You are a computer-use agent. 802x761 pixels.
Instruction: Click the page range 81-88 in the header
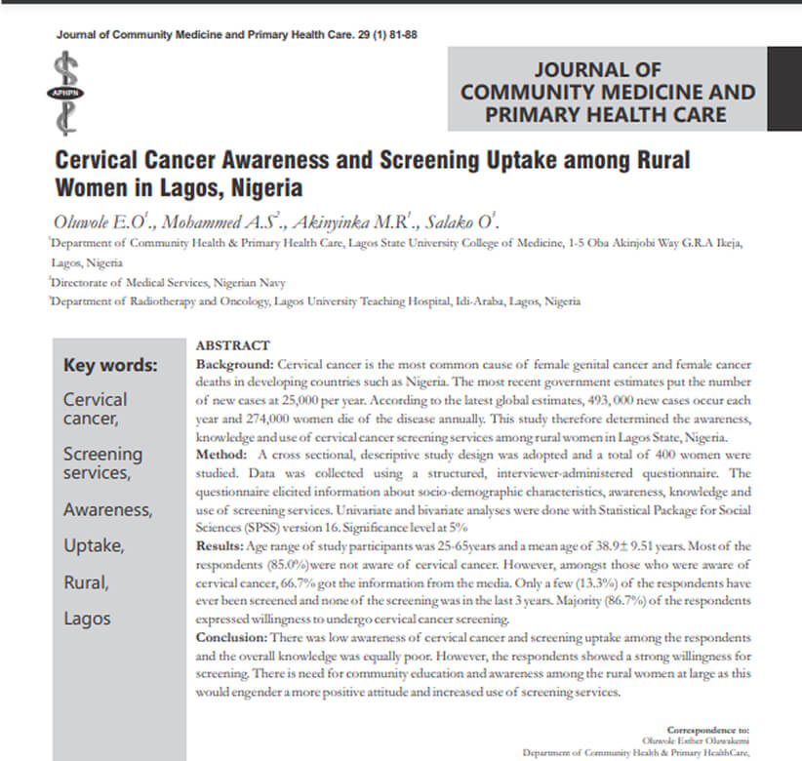(x=402, y=34)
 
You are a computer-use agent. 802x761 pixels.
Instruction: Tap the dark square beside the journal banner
(x=783, y=88)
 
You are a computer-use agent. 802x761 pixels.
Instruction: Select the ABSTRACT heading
(x=231, y=346)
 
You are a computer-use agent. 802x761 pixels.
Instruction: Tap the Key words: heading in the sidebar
(x=110, y=367)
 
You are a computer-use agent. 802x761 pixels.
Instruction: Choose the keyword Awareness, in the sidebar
(x=107, y=509)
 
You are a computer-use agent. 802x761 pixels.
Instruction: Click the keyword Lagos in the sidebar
(x=87, y=618)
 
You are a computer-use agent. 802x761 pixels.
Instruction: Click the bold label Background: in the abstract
(x=235, y=363)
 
